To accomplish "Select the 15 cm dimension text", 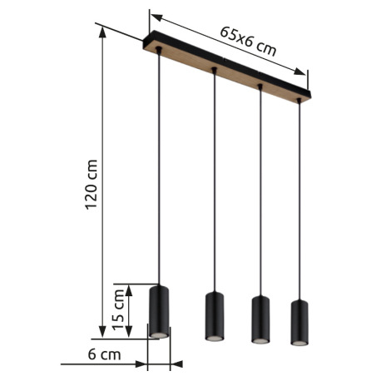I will (x=120, y=309).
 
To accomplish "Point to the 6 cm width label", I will (x=104, y=354).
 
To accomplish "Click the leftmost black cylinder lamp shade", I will (x=159, y=310).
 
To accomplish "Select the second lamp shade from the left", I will (x=214, y=316).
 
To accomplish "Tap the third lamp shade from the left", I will (x=261, y=319).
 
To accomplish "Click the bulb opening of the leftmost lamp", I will (x=158, y=334).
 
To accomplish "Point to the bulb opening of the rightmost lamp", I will (x=299, y=341).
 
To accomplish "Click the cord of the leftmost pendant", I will (x=158, y=166).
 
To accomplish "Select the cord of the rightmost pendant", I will (x=299, y=200).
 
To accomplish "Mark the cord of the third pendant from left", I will (x=261, y=191).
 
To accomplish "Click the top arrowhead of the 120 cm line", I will (x=101, y=30).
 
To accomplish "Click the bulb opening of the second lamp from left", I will (x=214, y=340).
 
